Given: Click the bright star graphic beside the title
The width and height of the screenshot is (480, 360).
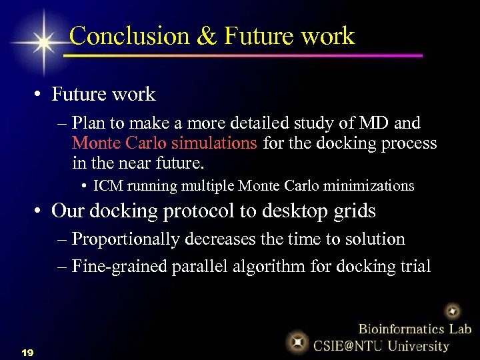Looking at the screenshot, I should (44, 42).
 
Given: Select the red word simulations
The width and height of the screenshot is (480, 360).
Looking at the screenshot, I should (214, 143).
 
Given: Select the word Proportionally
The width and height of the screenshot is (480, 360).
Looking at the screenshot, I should (123, 239).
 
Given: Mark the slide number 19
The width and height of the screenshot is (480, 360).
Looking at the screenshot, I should (27, 351).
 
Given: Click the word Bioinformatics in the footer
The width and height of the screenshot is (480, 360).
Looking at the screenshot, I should (399, 328).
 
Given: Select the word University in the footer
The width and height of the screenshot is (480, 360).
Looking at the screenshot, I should (418, 345).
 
